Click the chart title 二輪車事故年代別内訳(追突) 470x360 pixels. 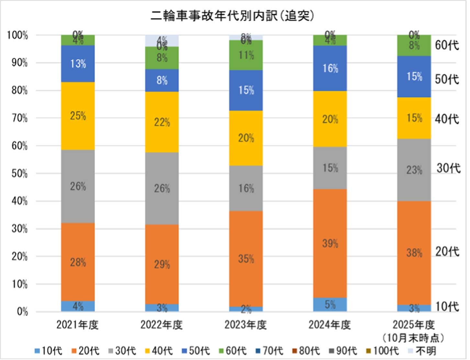[x=232, y=16]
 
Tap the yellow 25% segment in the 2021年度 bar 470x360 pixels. [x=78, y=116]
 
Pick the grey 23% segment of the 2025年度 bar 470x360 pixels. [x=414, y=170]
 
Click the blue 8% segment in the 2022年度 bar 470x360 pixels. [x=162, y=80]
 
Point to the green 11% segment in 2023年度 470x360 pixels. [x=246, y=55]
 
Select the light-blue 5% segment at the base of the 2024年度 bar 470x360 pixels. [x=330, y=305]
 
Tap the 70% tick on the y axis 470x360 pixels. [x=19, y=118]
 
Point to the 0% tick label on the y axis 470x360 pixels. [x=22, y=312]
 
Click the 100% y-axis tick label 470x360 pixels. [x=17, y=35]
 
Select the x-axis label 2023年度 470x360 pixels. [x=246, y=325]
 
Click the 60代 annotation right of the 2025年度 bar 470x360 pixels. [x=447, y=45]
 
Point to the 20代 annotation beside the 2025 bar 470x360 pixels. [x=447, y=251]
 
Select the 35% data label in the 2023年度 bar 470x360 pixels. [x=246, y=259]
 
